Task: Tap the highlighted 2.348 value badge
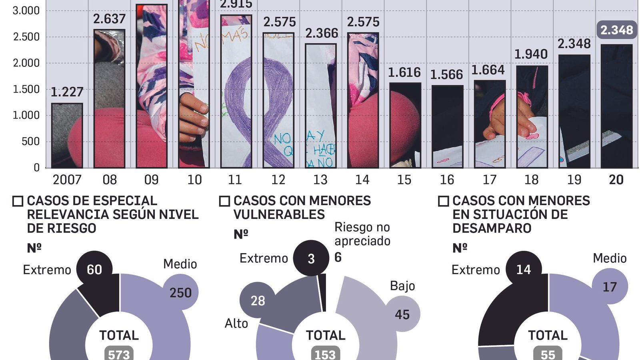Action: pos(616,30)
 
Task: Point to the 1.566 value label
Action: pos(446,75)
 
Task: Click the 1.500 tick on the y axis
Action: pos(26,89)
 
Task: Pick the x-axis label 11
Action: pos(235,180)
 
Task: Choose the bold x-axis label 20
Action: pos(616,180)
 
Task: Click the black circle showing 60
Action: pos(94,269)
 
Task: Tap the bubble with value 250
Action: pos(180,292)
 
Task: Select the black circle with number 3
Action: pos(311,258)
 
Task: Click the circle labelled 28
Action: pos(258,300)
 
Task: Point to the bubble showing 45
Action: pos(402,314)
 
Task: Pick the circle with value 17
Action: pos(610,286)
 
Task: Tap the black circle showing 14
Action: pos(523,269)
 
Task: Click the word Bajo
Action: pos(402,286)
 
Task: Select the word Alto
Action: pos(236,323)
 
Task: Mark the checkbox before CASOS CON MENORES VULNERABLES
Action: pos(224,201)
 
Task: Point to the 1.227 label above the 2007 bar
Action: pos(67,92)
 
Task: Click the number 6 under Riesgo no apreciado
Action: pos(338,257)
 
